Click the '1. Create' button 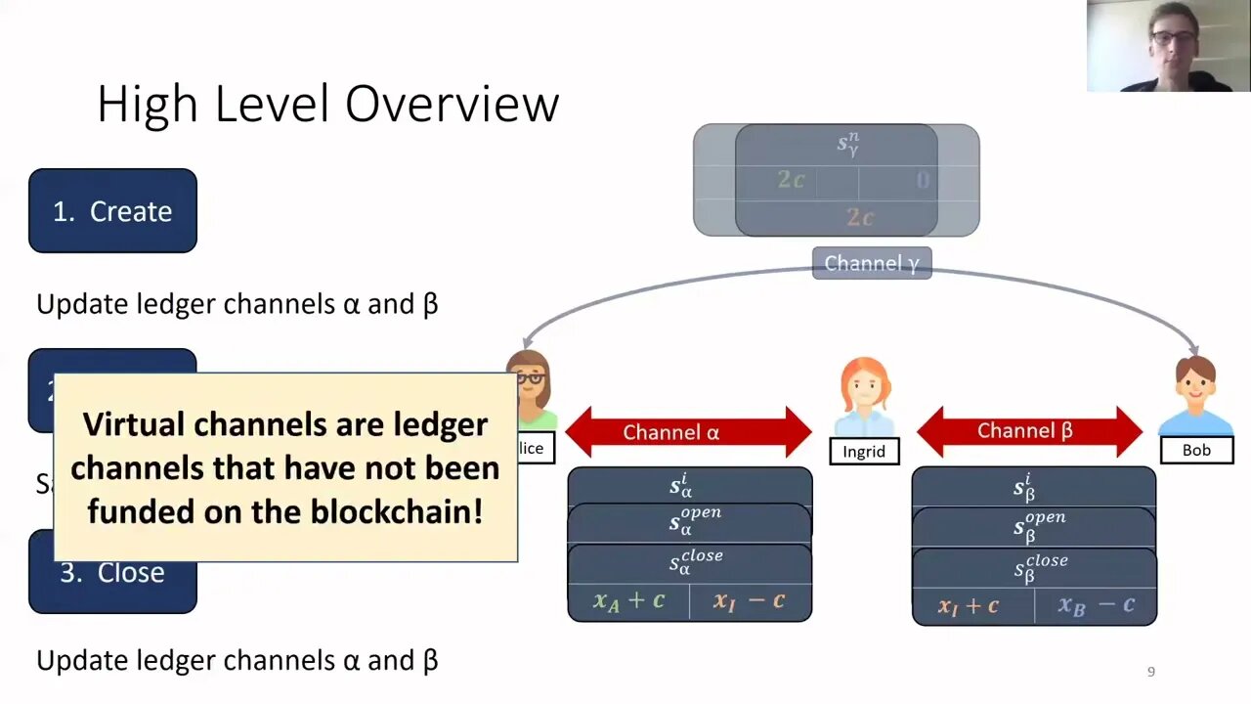pyautogui.click(x=112, y=211)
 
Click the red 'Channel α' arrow pyautogui.click(x=688, y=432)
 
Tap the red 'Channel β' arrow pyautogui.click(x=1029, y=431)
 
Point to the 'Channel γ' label pyautogui.click(x=872, y=263)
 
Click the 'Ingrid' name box pyautogui.click(x=864, y=451)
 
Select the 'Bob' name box pyautogui.click(x=1196, y=450)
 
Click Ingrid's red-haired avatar pyautogui.click(x=865, y=396)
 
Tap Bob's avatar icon pyautogui.click(x=1196, y=395)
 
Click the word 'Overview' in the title pyautogui.click(x=452, y=104)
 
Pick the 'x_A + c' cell pyautogui.click(x=628, y=601)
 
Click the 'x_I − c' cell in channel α pyautogui.click(x=750, y=601)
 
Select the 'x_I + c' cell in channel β pyautogui.click(x=970, y=606)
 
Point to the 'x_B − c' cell pyautogui.click(x=1096, y=606)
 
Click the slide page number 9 pyautogui.click(x=1150, y=672)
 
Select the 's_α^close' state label pyautogui.click(x=696, y=561)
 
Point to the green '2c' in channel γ pyautogui.click(x=791, y=180)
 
